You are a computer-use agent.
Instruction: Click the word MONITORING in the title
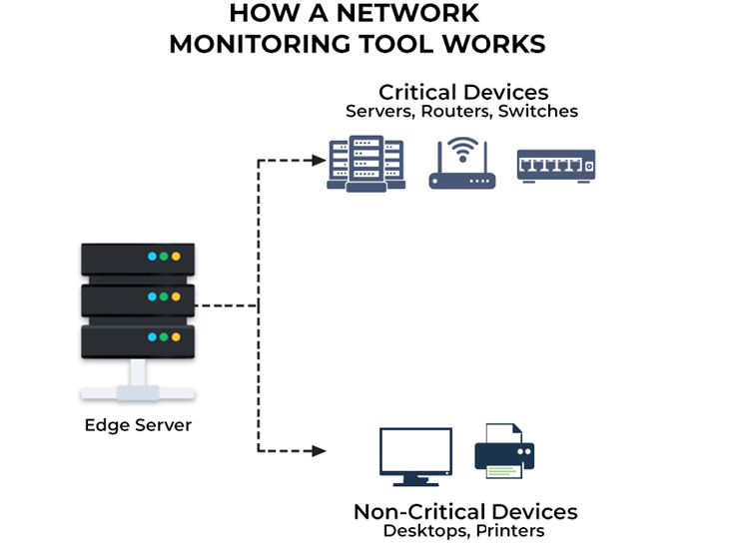[x=250, y=44]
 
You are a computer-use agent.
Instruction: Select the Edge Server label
[x=138, y=425]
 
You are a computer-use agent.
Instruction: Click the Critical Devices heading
[x=462, y=92]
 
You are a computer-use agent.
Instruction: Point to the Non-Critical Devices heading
[x=464, y=511]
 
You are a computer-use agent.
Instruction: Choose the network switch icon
[x=555, y=165]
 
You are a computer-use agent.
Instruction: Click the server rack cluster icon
[x=366, y=164]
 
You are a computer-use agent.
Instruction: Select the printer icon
[x=504, y=451]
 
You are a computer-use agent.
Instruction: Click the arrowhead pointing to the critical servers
[x=319, y=160]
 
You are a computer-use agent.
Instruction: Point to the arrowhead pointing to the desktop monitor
[x=319, y=451]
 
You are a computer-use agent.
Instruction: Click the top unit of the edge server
[x=137, y=258]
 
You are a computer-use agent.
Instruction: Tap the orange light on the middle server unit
[x=176, y=297]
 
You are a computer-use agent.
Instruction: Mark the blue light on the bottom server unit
[x=152, y=337]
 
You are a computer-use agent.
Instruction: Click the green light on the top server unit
[x=164, y=257]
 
